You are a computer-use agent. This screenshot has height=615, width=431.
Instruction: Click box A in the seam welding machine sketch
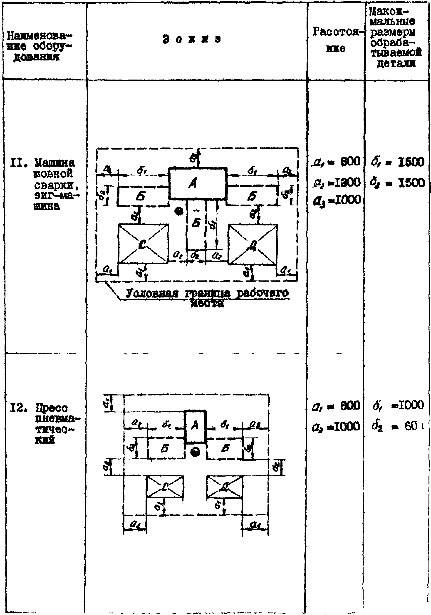coord(198,183)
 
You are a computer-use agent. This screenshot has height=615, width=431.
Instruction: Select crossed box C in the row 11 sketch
coord(143,244)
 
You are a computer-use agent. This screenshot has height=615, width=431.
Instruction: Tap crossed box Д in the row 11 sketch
coord(253,244)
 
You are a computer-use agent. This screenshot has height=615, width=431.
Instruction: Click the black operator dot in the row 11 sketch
coord(178,211)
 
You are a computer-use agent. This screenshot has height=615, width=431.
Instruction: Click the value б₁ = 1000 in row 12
coord(398,405)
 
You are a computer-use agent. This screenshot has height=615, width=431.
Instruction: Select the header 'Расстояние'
coord(336,40)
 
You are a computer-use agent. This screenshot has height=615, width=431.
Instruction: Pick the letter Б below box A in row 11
coord(196,223)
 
